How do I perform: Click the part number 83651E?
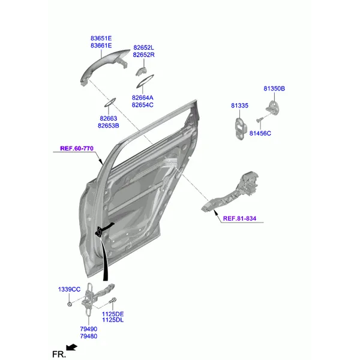(101, 38)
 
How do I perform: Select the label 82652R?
(144, 55)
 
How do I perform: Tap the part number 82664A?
(142, 98)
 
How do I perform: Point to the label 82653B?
(109, 125)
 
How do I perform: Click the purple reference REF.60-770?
(77, 148)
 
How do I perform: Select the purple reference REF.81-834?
(239, 218)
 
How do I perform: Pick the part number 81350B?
(274, 88)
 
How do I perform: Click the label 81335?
(239, 106)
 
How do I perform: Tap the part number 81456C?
(260, 133)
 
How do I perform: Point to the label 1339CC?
(69, 289)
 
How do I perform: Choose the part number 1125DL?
(113, 320)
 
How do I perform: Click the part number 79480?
(89, 336)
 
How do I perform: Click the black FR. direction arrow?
(71, 347)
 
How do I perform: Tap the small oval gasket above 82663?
(110, 103)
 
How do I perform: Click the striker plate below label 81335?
(241, 128)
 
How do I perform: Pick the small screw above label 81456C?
(260, 120)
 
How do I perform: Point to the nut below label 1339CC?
(70, 304)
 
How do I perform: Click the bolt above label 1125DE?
(113, 300)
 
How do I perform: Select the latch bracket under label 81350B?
(272, 107)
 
